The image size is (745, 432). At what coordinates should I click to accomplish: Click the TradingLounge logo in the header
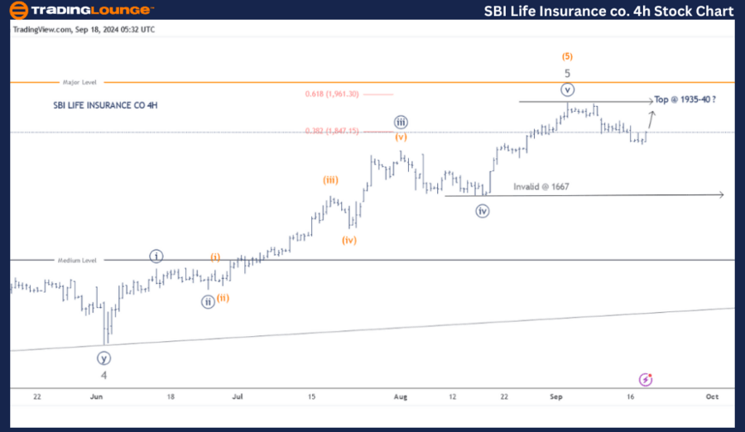click(80, 10)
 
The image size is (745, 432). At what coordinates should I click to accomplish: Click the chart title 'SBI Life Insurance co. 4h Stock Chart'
click(608, 11)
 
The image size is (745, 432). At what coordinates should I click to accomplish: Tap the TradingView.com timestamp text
click(84, 29)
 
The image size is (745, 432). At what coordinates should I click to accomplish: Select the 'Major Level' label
click(80, 83)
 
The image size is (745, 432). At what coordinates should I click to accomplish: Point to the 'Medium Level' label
click(77, 260)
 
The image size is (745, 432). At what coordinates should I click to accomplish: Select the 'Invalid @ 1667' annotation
click(541, 187)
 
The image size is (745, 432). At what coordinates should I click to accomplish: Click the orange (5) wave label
click(566, 56)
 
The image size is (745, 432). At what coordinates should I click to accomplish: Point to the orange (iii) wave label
click(330, 180)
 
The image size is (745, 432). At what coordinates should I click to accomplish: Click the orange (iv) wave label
click(349, 240)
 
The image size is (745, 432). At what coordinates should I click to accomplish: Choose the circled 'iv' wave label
click(483, 210)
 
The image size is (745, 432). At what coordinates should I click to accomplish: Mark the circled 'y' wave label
click(103, 358)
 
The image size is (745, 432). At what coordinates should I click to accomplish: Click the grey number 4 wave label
click(103, 375)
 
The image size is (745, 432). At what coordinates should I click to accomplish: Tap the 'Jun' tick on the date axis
click(97, 396)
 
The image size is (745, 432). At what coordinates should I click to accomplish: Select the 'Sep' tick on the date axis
click(556, 396)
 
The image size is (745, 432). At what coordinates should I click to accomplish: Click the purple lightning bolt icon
click(646, 379)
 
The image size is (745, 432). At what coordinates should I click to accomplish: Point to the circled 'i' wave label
click(156, 255)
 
